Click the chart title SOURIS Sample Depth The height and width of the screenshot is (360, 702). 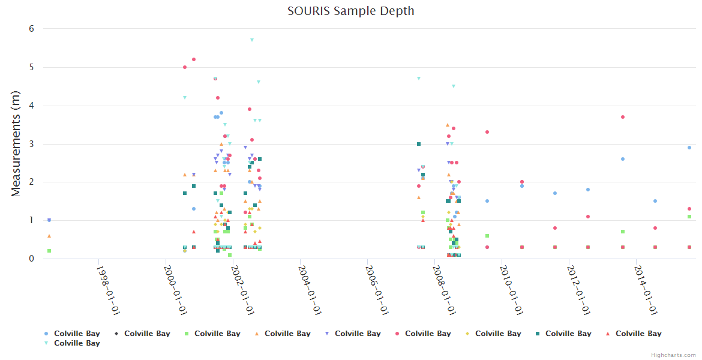pos(350,11)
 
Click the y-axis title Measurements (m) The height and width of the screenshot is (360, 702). pos(16,143)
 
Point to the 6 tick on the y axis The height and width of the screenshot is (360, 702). pos(31,29)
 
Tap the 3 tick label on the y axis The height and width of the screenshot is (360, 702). pos(31,144)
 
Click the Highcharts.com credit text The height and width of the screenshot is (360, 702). pos(673,355)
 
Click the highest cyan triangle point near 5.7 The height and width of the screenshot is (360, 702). pos(252,40)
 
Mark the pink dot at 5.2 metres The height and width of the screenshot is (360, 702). pos(194,59)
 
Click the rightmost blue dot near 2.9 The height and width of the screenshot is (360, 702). pos(689,148)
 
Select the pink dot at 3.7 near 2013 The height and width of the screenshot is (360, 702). pos(623,117)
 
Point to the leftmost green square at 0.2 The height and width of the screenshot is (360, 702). pos(49,251)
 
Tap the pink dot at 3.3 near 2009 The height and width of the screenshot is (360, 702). pos(487,132)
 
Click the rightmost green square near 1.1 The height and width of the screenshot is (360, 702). pos(689,217)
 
